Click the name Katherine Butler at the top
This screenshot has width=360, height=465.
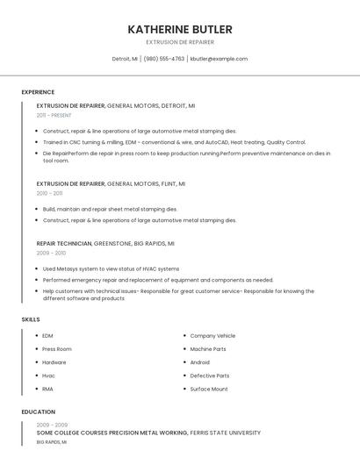pyautogui.click(x=179, y=30)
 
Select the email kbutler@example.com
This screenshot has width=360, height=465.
pyautogui.click(x=219, y=59)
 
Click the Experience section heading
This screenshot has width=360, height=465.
pyautogui.click(x=38, y=92)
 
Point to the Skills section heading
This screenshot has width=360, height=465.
pyautogui.click(x=31, y=319)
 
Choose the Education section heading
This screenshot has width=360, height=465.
pyautogui.click(x=38, y=411)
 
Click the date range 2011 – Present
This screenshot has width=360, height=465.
pyautogui.click(x=54, y=115)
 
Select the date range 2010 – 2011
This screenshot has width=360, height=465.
pyautogui.click(x=49, y=193)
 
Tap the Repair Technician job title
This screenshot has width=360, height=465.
pyautogui.click(x=64, y=243)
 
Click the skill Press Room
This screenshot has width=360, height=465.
pyautogui.click(x=57, y=349)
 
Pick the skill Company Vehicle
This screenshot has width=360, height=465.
pyautogui.click(x=212, y=336)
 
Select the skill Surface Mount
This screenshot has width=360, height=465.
pyautogui.click(x=209, y=389)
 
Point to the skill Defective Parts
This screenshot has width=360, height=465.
pyautogui.click(x=210, y=376)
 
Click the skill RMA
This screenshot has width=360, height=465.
pyautogui.click(x=47, y=389)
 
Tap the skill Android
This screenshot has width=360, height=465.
pyautogui.click(x=200, y=362)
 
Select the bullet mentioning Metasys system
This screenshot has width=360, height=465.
pyautogui.click(x=111, y=268)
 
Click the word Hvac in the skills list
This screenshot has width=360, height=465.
pyautogui.click(x=48, y=376)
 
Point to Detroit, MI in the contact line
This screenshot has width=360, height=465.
pyautogui.click(x=125, y=59)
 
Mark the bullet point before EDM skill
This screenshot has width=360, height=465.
pyautogui.click(x=35, y=336)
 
